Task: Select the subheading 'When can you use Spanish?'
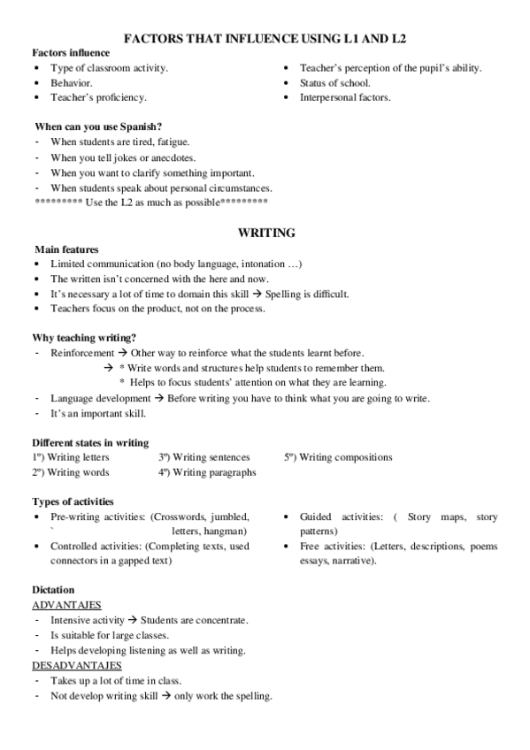(x=98, y=126)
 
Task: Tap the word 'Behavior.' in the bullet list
(x=72, y=82)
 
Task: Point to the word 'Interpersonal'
(x=328, y=97)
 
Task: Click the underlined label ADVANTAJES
(x=66, y=605)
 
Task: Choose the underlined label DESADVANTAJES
(x=77, y=665)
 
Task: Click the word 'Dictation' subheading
(x=53, y=590)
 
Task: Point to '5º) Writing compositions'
(x=338, y=457)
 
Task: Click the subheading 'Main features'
(x=65, y=249)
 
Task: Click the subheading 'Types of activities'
(x=73, y=501)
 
